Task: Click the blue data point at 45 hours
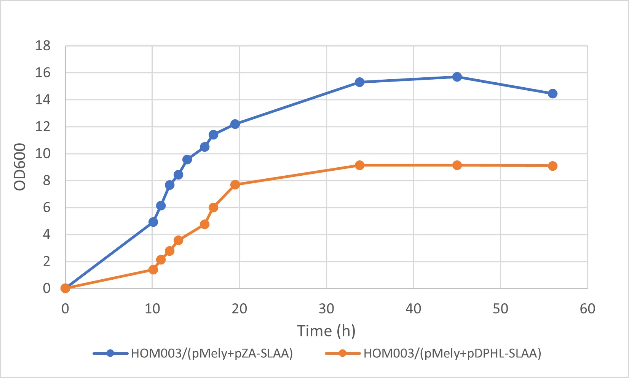click(x=457, y=77)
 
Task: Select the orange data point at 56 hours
click(x=552, y=166)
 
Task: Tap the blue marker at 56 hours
click(x=552, y=94)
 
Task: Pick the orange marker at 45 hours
click(x=457, y=165)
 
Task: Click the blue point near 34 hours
click(x=359, y=82)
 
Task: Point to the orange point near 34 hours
click(x=359, y=165)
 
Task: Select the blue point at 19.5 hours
click(x=235, y=124)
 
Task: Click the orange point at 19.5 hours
click(x=235, y=185)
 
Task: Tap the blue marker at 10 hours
click(x=153, y=222)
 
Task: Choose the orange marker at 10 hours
click(x=153, y=270)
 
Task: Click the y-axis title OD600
click(x=20, y=167)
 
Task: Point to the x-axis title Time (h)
click(x=326, y=331)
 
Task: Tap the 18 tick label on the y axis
click(x=43, y=46)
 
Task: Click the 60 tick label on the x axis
click(x=587, y=309)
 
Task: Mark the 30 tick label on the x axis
click(x=326, y=309)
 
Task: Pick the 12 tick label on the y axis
click(x=43, y=127)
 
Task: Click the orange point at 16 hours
click(x=204, y=224)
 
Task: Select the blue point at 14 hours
click(x=187, y=160)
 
